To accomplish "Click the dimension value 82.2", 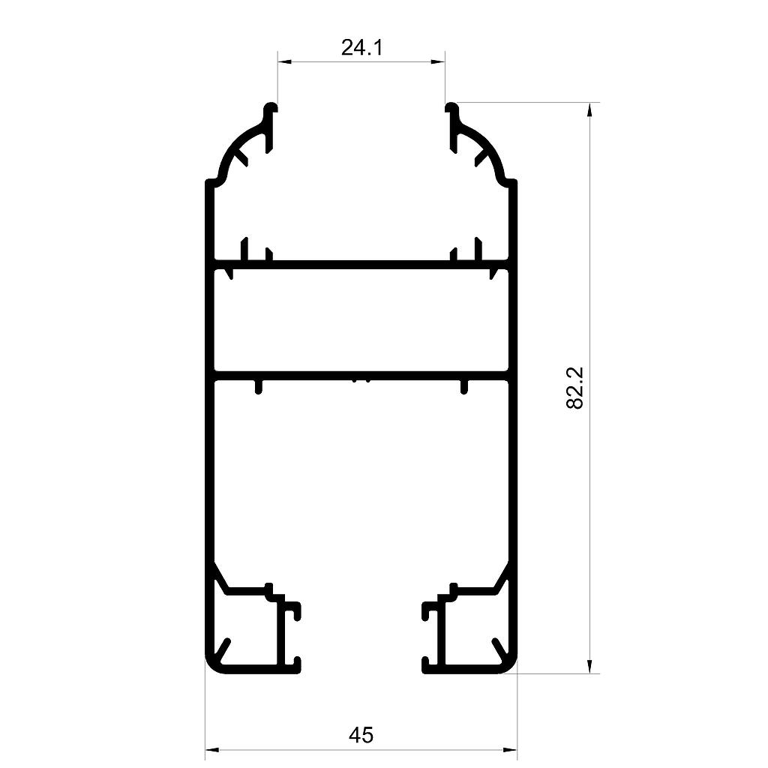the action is click(574, 388).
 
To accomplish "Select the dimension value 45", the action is click(361, 735).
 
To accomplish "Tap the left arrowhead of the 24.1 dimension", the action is click(284, 61).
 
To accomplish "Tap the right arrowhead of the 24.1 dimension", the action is click(438, 61).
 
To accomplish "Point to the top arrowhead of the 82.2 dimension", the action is click(589, 109).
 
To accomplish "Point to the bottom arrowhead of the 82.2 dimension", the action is click(589, 666).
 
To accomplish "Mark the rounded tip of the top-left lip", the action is click(271, 107).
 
